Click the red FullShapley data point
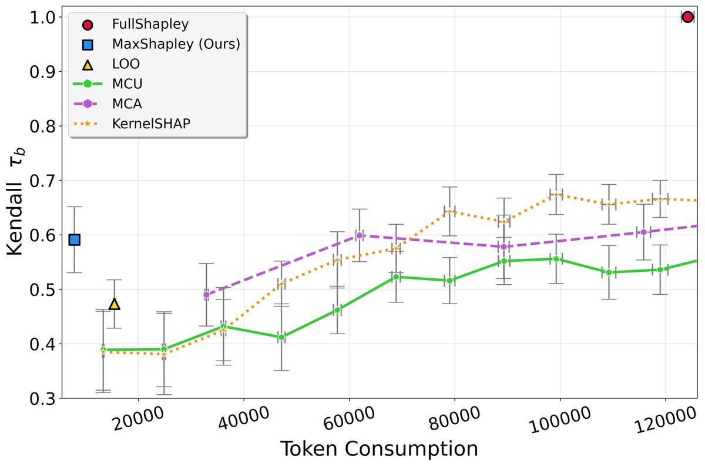pos(687,17)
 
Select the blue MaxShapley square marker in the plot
pos(75,239)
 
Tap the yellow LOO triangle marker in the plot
pos(115,304)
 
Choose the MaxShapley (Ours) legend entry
pos(176,44)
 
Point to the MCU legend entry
pos(127,84)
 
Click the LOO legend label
pos(126,64)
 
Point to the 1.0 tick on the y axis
pos(43,18)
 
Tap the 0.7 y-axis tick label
pos(43,181)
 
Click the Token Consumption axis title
pos(378,448)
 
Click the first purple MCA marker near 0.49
pos(206,295)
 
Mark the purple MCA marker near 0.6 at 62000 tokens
pos(360,235)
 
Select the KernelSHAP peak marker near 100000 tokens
pos(556,195)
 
